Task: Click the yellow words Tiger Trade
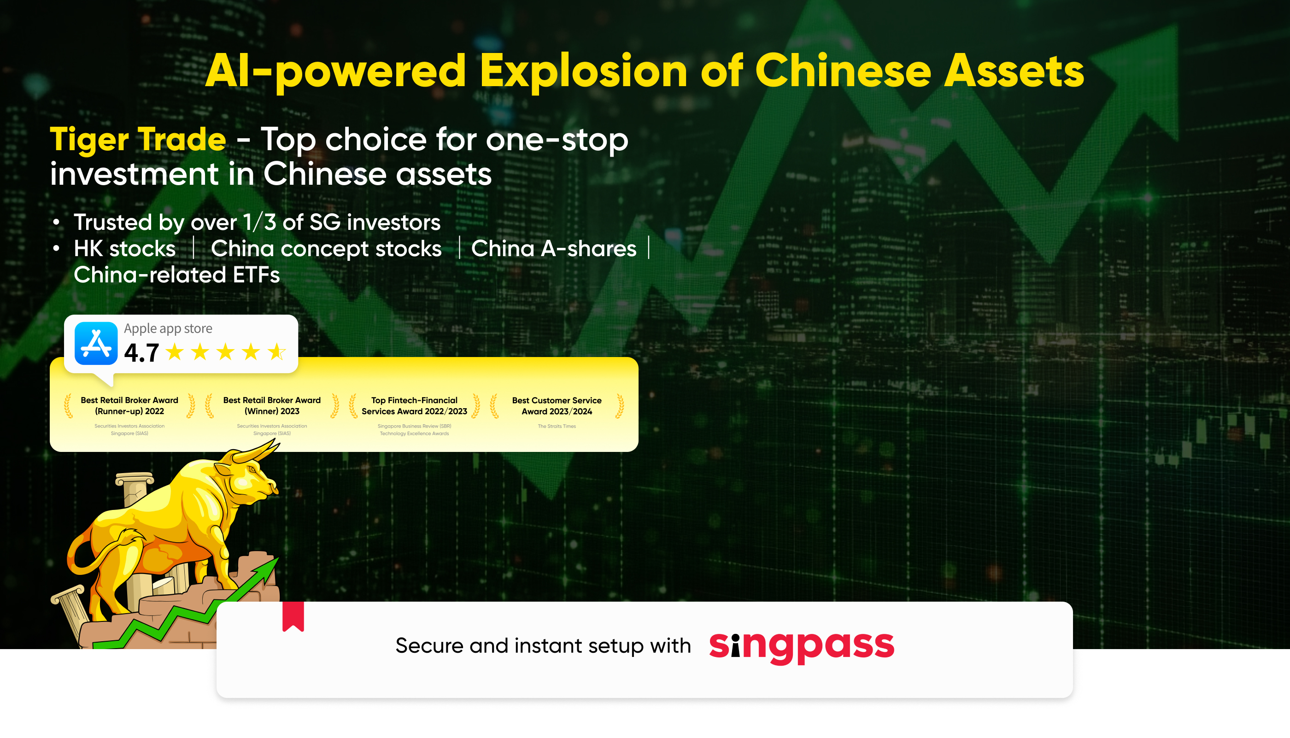tap(138, 140)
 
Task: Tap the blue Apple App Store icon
tap(96, 343)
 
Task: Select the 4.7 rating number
tap(141, 353)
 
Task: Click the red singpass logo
tap(801, 647)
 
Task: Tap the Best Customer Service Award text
tap(557, 406)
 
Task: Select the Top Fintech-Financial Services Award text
tap(414, 406)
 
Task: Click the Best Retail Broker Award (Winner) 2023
tap(272, 406)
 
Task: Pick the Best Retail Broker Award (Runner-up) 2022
tap(129, 406)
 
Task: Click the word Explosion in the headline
tap(583, 71)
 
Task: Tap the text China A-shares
tap(553, 249)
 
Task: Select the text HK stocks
tap(125, 249)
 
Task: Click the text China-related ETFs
tap(176, 275)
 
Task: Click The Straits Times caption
tap(557, 426)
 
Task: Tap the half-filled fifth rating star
tap(277, 352)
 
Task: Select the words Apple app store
tap(168, 329)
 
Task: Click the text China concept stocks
tap(326, 249)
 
